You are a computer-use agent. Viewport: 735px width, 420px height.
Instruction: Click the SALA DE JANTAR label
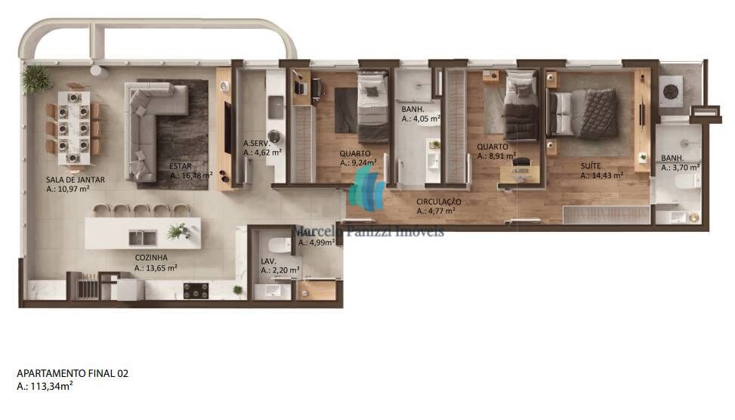click(76, 180)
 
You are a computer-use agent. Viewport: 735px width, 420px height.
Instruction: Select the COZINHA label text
click(151, 258)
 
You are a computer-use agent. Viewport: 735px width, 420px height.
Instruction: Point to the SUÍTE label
click(591, 165)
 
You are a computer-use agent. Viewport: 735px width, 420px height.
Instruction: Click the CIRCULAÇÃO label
click(439, 202)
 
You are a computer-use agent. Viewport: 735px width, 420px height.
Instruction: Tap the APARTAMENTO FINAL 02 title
click(67, 373)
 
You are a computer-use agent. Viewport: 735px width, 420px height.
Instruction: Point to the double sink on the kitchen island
click(143, 238)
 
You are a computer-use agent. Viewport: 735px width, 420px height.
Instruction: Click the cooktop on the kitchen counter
click(196, 289)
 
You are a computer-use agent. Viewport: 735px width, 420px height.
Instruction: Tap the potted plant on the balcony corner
click(34, 78)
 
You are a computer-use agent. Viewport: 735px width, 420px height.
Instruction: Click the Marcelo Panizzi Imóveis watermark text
click(368, 230)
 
